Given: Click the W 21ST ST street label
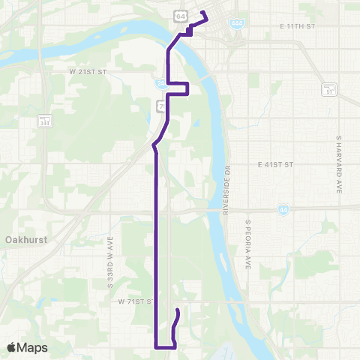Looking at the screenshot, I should (90, 73).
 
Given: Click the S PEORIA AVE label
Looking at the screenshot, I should (247, 244).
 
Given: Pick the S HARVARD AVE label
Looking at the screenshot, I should (339, 165).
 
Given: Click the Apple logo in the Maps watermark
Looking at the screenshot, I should (13, 347).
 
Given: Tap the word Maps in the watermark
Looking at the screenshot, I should (33, 348).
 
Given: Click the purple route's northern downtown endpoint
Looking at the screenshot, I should (203, 13).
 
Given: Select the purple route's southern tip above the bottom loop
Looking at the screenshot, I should (177, 310).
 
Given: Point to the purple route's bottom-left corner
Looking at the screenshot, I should (156, 346).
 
